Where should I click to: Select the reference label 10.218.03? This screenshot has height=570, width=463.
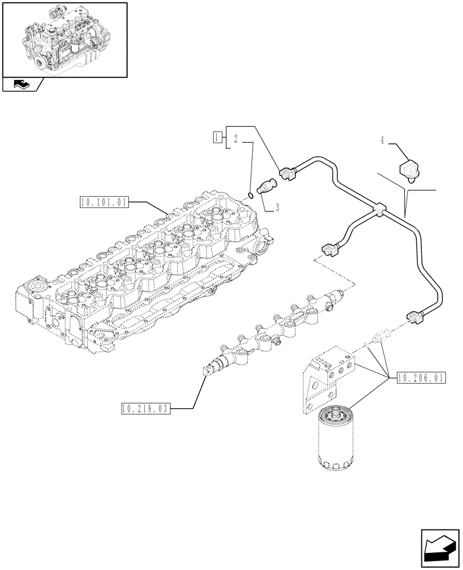146,408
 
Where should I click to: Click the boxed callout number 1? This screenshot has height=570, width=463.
217,137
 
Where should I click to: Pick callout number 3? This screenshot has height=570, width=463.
278,208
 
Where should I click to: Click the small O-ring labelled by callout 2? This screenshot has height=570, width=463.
251,197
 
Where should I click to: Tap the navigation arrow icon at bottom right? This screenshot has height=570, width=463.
439,548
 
